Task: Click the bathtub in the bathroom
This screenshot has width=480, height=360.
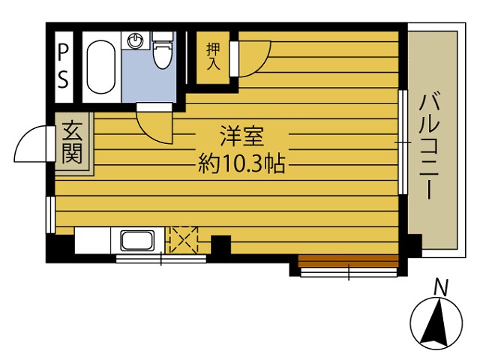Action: (101, 67)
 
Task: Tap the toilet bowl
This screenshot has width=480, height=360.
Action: (163, 51)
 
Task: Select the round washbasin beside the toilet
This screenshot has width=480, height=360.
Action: (135, 40)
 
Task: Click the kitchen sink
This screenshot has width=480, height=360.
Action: (138, 240)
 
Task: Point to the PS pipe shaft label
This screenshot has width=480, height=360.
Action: (63, 67)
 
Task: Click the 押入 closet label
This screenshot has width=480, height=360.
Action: (213, 57)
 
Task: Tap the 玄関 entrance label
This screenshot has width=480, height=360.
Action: (72, 142)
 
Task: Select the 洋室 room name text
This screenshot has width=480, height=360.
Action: (242, 136)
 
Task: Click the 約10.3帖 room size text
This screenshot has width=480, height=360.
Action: (241, 164)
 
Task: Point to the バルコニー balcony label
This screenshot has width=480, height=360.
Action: (430, 147)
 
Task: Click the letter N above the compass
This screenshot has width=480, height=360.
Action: (441, 288)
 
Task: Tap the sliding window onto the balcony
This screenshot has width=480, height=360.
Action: (403, 142)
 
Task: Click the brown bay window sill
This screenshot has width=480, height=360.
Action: (348, 261)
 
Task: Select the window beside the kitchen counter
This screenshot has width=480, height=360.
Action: (161, 259)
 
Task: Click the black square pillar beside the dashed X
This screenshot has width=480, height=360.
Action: (220, 245)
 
